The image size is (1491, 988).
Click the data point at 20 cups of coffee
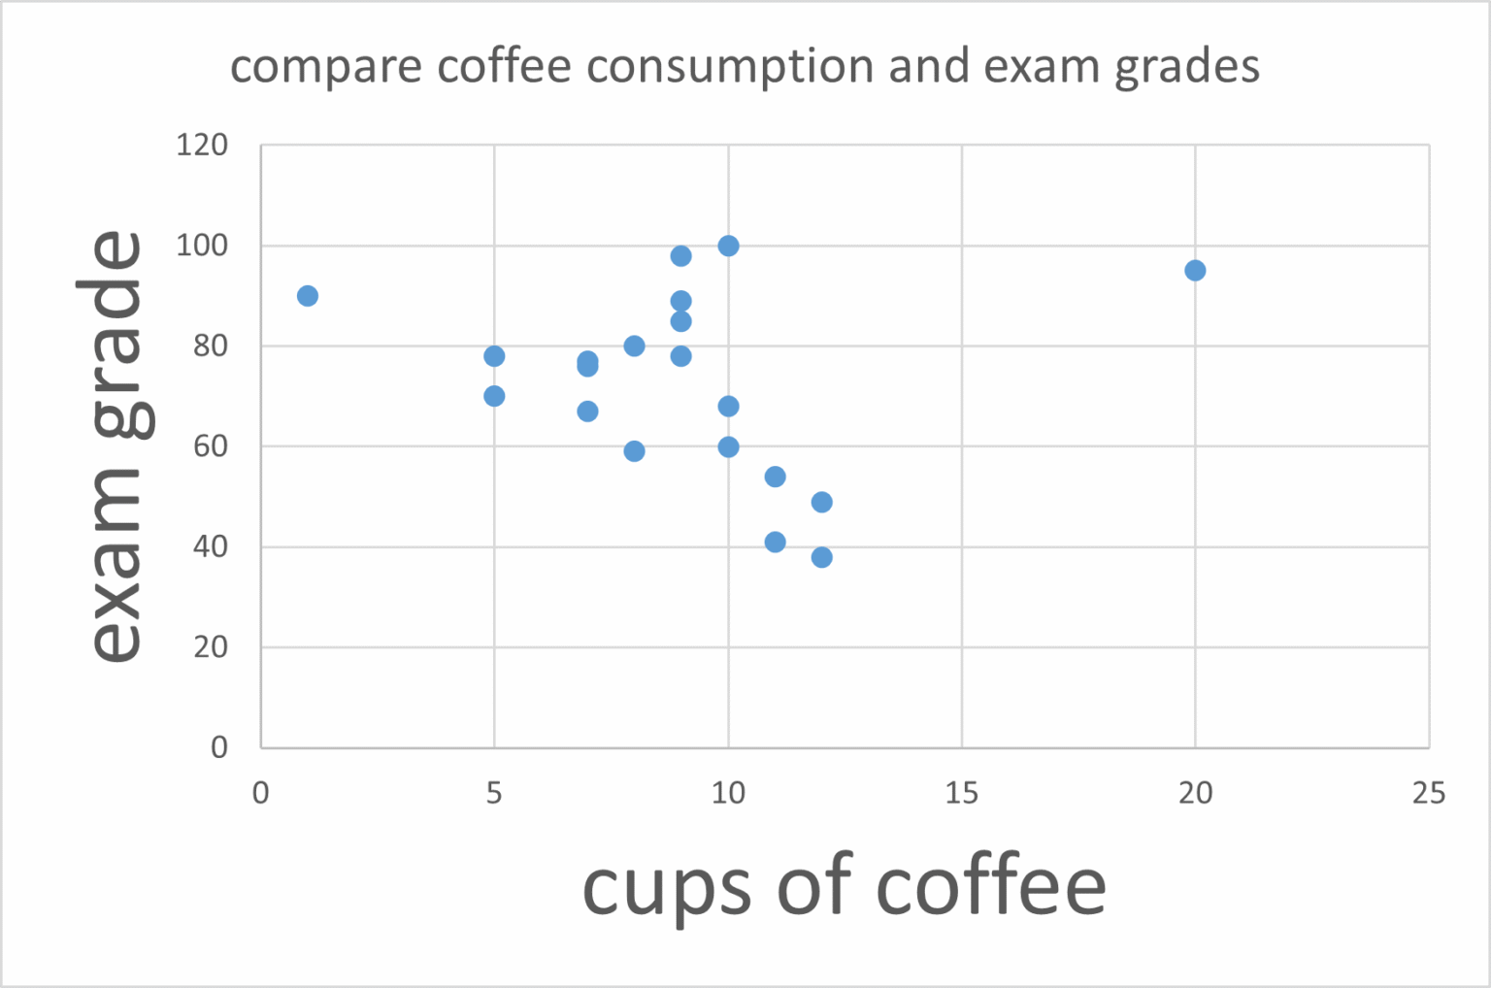[x=1195, y=270]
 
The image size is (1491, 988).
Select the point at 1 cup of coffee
[x=308, y=296]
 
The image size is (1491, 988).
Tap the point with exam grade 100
[x=728, y=246]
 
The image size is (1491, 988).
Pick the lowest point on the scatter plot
[x=822, y=557]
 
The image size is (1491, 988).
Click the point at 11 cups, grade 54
[x=775, y=477]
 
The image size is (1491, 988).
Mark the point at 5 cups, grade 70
[x=494, y=396]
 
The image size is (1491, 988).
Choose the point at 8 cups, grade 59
[x=634, y=451]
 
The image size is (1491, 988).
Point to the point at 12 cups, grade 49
[x=822, y=502]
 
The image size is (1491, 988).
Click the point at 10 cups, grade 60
[x=728, y=446]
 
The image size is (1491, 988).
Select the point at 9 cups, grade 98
[x=680, y=256]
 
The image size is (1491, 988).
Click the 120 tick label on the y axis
[x=202, y=146]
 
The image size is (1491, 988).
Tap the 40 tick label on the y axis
[x=210, y=546]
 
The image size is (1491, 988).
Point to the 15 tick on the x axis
[x=961, y=794]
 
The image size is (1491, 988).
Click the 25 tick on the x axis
[x=1428, y=794]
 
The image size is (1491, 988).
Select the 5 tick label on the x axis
[x=494, y=794]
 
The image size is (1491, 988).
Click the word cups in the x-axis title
[x=666, y=887]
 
